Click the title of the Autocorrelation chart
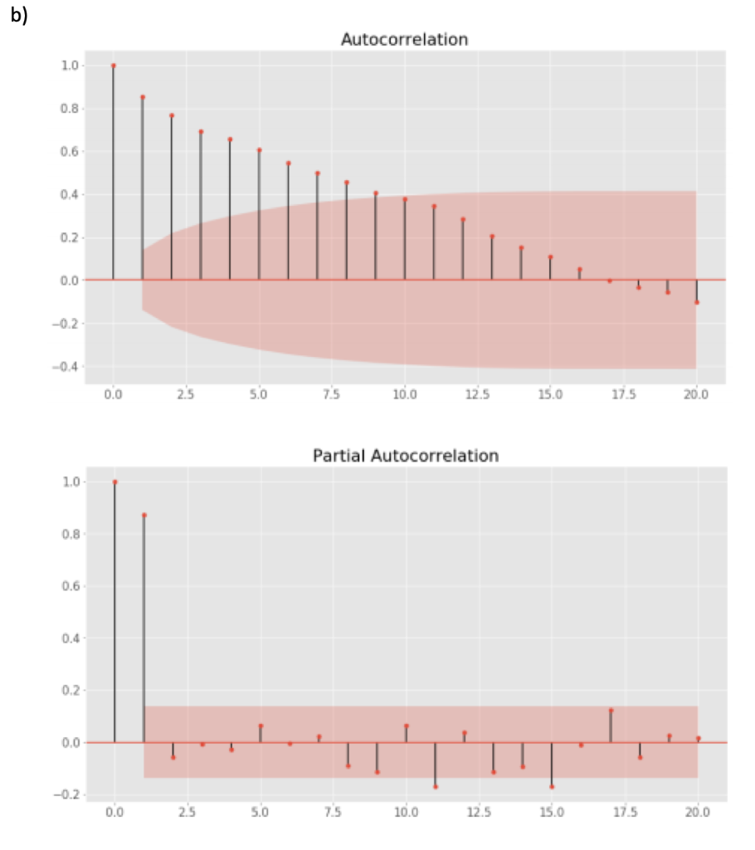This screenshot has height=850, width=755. coord(404,40)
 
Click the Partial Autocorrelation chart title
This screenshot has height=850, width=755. coord(405,456)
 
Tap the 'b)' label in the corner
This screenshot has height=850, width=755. coord(19,16)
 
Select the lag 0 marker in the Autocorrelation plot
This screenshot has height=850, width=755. coord(113,66)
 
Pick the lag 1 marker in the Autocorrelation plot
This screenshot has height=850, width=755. coord(142,97)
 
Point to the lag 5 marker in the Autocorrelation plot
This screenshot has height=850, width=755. coord(259,150)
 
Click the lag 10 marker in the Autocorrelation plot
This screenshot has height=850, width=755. coord(405,199)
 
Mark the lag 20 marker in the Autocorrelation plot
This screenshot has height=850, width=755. coord(696,302)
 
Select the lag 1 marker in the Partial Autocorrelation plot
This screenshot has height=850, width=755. coord(144,515)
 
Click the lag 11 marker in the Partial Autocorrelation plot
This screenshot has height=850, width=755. coord(435,786)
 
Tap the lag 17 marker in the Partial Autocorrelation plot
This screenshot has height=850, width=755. coord(610,711)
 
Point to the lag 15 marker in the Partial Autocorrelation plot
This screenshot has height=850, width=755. coord(552,786)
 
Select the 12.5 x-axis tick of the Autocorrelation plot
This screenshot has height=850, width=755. coord(477,394)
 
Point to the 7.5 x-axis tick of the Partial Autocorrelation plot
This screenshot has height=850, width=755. coord(333,813)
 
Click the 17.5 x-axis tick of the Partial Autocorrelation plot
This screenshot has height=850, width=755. coord(624,813)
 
